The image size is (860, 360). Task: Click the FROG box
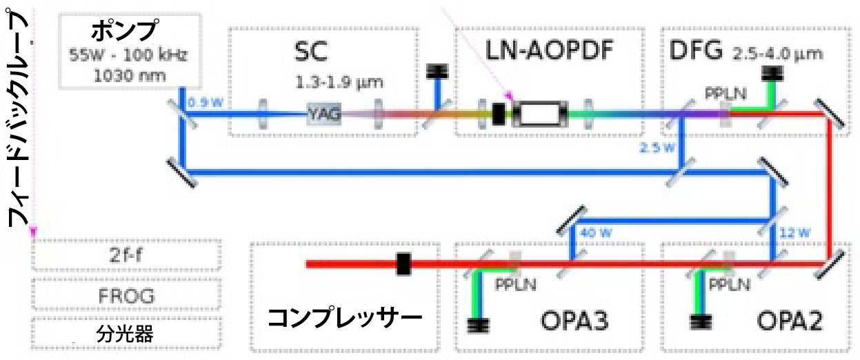(126, 297)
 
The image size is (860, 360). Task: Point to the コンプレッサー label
(344, 318)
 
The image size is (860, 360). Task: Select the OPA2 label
(786, 321)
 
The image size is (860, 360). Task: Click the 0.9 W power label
(201, 104)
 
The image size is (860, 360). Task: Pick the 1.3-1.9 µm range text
(339, 83)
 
